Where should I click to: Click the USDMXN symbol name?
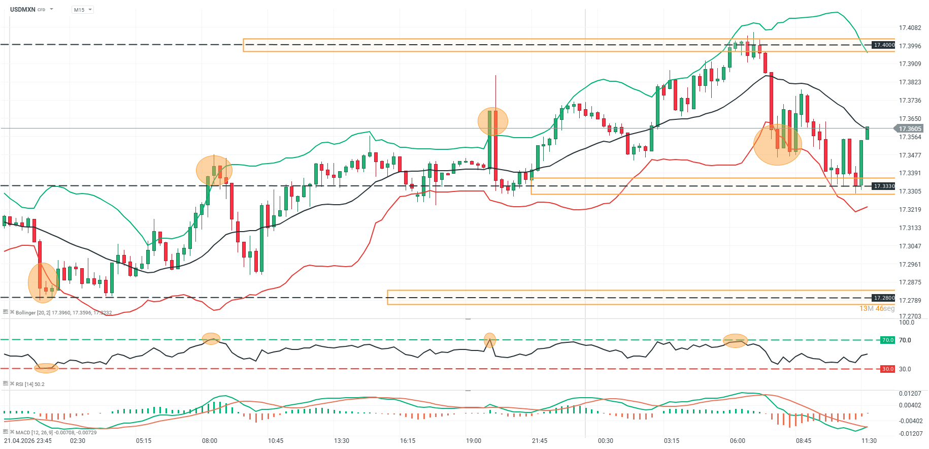(x=22, y=10)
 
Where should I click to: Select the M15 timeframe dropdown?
(x=82, y=10)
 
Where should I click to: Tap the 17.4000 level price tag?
(x=884, y=45)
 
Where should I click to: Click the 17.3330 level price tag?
(x=884, y=186)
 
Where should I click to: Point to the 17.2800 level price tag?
(x=884, y=298)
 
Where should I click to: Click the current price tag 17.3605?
(x=910, y=129)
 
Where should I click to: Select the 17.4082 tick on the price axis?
(x=910, y=28)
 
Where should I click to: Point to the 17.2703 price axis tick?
(x=910, y=316)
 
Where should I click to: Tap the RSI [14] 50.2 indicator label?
(x=30, y=384)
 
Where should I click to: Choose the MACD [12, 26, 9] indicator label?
(x=56, y=432)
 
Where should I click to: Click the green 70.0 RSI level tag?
(x=887, y=340)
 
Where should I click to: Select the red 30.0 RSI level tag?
(x=887, y=369)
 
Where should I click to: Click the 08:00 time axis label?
(x=210, y=441)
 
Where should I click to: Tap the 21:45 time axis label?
(x=540, y=441)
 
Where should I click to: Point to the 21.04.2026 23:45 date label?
(x=28, y=441)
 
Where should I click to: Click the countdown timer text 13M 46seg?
(x=877, y=308)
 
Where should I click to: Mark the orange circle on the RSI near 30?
(x=46, y=368)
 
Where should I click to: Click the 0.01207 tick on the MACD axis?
(x=910, y=394)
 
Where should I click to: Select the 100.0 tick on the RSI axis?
(x=906, y=323)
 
